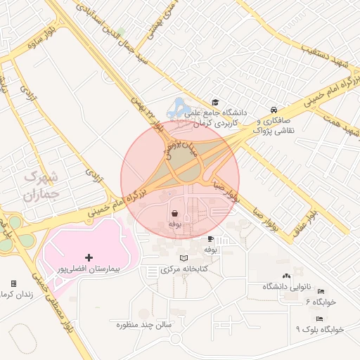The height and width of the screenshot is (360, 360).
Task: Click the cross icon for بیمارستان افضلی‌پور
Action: pos(88,257)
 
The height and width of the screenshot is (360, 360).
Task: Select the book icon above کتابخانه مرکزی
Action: pos(184,258)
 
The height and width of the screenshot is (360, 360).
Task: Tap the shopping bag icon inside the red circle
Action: pos(174,212)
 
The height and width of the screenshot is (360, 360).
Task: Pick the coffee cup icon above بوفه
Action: pos(210,239)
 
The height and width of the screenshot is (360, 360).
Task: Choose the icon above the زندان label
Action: pos(13,283)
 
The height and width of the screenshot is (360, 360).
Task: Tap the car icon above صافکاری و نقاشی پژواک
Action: pos(274,110)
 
